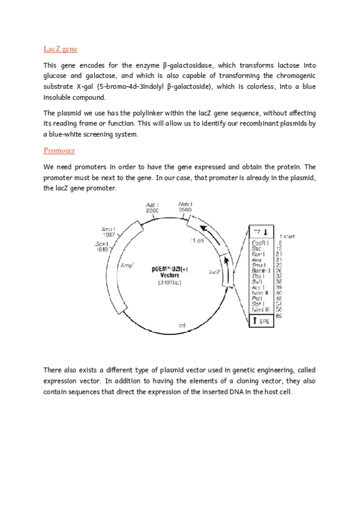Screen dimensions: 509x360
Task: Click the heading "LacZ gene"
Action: [x=60, y=49]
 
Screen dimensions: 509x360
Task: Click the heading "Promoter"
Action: [x=59, y=150]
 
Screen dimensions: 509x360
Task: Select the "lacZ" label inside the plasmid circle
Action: [x=213, y=271]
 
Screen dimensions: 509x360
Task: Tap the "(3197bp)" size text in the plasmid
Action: [x=170, y=282]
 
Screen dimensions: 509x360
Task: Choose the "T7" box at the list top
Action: [x=262, y=232]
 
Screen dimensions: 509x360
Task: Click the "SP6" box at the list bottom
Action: [x=262, y=321]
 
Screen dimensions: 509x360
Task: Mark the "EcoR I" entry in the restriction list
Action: [x=260, y=242]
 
